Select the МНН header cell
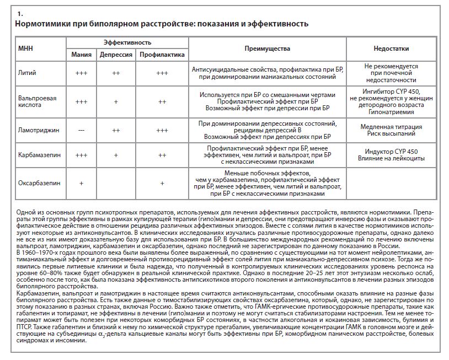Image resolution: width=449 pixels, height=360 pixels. pyautogui.click(x=26, y=49)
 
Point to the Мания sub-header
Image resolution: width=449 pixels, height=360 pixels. pyautogui.click(x=81, y=55)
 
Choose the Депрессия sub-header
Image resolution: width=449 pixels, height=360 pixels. pyautogui.click(x=116, y=55)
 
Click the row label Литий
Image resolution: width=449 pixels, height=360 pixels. pyautogui.click(x=26, y=73)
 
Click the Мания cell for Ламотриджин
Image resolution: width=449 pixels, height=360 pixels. pyautogui.click(x=81, y=130)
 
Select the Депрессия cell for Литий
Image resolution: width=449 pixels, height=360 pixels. pyautogui.click(x=116, y=73)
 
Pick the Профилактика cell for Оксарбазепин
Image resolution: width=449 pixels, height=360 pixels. pyautogui.click(x=162, y=182)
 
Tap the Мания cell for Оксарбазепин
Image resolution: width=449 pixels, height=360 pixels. pyautogui.click(x=81, y=182)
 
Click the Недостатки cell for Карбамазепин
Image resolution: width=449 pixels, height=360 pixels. pyautogui.click(x=394, y=154)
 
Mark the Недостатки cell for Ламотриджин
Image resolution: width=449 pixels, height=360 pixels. pyautogui.click(x=394, y=130)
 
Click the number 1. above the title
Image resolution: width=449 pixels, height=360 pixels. pyautogui.click(x=20, y=12)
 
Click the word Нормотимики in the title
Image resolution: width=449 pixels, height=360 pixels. pyautogui.click(x=41, y=24)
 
